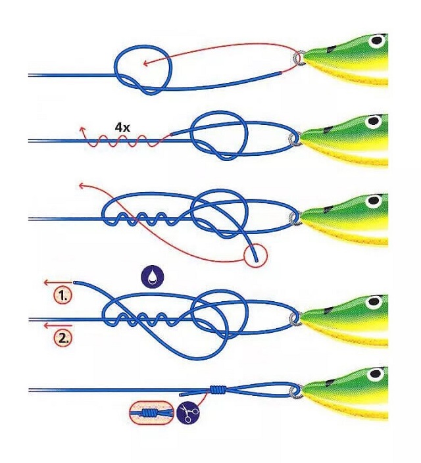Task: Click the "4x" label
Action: click(x=122, y=126)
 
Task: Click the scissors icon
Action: click(x=188, y=414)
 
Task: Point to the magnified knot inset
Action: click(x=152, y=414)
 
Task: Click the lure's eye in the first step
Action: click(x=377, y=41)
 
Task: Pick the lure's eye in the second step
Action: click(x=373, y=121)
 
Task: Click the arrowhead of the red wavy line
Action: click(x=82, y=128)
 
